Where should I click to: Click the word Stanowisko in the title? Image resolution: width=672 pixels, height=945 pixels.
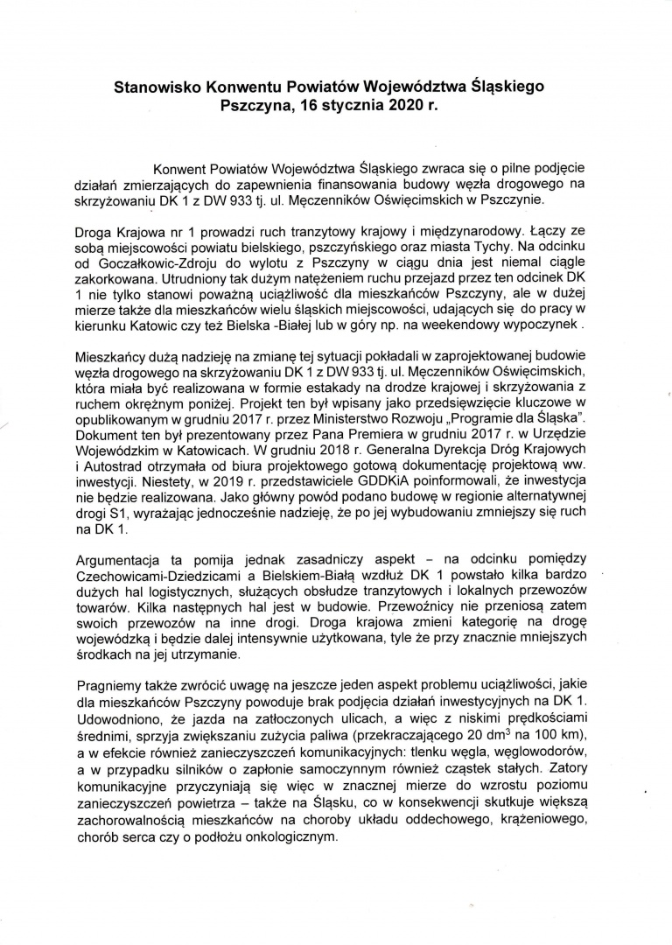pos(158,87)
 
